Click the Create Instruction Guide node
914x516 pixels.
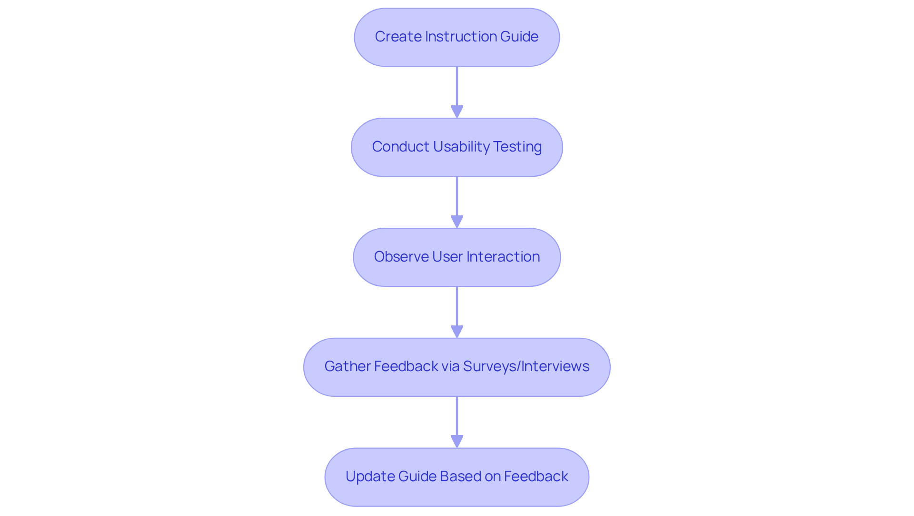pyautogui.click(x=457, y=37)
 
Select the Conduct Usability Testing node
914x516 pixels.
pyautogui.click(x=457, y=147)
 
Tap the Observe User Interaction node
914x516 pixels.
pyautogui.click(x=457, y=257)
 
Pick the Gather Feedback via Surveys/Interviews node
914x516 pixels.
pyautogui.click(x=457, y=367)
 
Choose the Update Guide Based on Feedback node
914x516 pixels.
pyautogui.click(x=457, y=477)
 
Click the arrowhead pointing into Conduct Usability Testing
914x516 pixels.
pyautogui.click(x=457, y=112)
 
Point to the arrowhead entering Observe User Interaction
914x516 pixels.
pyautogui.click(x=457, y=222)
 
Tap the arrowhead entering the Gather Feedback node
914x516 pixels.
pyautogui.click(x=457, y=332)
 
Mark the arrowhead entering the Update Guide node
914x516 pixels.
pyautogui.click(x=457, y=442)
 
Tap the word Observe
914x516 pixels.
pyautogui.click(x=401, y=257)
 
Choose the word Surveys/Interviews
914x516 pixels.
pyautogui.click(x=526, y=366)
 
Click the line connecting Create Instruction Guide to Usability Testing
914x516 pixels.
pyautogui.click(x=457, y=86)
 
